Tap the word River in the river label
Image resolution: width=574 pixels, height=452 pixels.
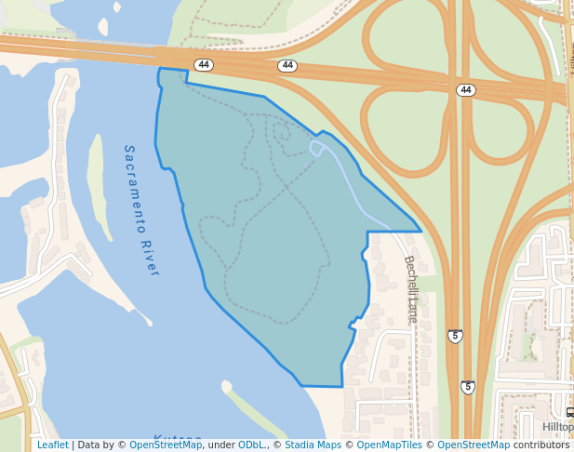(151, 259)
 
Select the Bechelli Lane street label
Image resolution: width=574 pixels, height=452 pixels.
(410, 289)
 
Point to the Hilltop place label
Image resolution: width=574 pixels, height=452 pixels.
(557, 427)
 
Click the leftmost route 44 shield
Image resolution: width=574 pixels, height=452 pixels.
(204, 64)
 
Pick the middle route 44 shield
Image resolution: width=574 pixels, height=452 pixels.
(287, 66)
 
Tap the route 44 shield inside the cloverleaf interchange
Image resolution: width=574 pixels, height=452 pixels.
(466, 90)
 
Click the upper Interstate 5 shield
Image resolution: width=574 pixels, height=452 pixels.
(455, 336)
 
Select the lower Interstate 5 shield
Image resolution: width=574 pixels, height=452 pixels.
(468, 387)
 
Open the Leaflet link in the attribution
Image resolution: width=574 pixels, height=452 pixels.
(52, 445)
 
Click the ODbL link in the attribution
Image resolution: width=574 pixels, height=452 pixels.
(251, 445)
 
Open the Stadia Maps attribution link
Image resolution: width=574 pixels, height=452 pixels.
(313, 445)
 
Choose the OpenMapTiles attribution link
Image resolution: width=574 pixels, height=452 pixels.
(390, 445)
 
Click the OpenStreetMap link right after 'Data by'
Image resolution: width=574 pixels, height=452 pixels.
(166, 445)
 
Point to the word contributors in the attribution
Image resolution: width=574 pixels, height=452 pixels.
(541, 445)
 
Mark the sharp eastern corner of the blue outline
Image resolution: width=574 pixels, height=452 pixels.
(420, 231)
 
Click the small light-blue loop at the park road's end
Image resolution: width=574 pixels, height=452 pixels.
(316, 148)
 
